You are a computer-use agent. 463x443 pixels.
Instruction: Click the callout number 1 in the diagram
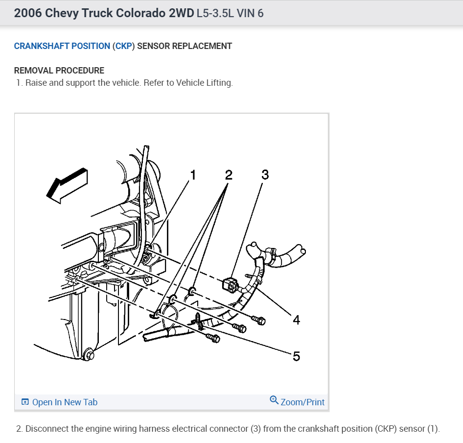(x=193, y=175)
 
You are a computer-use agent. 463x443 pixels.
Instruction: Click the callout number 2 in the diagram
(x=229, y=175)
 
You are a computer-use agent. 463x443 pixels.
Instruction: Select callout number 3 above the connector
(x=265, y=174)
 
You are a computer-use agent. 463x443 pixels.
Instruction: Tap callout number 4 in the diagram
(x=296, y=320)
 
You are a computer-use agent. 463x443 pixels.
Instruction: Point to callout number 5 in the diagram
(x=296, y=356)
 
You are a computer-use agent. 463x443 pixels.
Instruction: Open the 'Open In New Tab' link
(x=65, y=402)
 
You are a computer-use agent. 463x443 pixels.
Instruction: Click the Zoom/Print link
(x=302, y=402)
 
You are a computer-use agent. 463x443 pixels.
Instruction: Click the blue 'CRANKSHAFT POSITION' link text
(x=62, y=46)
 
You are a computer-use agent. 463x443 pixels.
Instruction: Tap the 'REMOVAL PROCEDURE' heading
(x=59, y=71)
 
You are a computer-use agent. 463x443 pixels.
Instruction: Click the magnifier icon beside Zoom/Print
(x=274, y=401)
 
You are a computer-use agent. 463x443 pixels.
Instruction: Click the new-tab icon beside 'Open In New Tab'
(x=25, y=402)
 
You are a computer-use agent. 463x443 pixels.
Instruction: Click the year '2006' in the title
(x=28, y=13)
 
